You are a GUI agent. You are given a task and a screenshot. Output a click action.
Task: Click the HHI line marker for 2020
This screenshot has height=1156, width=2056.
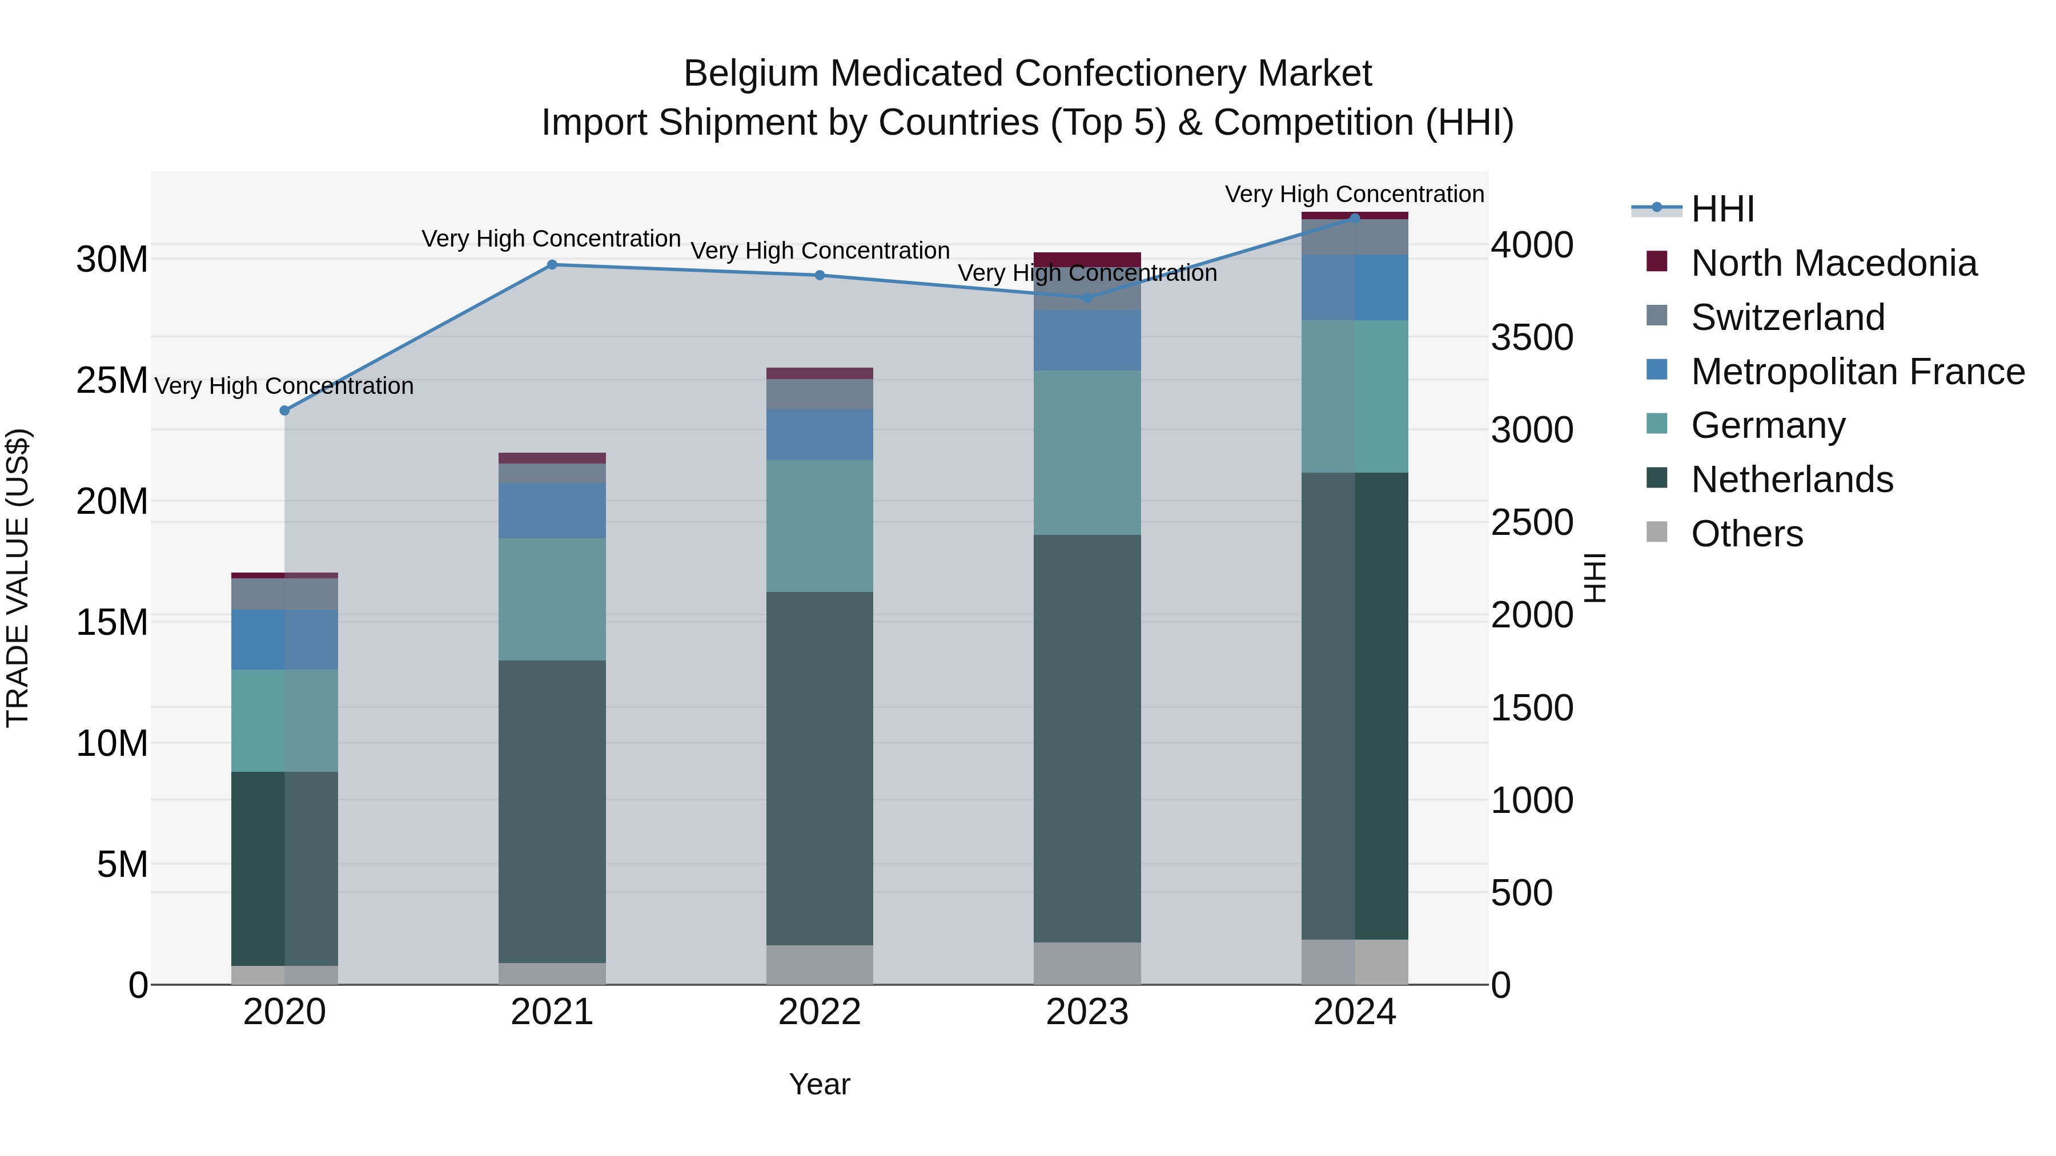pos(284,410)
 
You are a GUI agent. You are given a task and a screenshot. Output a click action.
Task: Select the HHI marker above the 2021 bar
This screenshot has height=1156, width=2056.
pos(552,265)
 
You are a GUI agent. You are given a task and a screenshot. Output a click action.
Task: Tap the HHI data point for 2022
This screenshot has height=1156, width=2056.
pos(820,275)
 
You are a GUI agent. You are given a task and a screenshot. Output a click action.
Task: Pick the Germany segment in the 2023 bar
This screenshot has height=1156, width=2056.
pos(1087,452)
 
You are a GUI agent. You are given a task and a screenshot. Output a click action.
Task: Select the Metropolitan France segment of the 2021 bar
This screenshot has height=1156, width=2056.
pos(552,510)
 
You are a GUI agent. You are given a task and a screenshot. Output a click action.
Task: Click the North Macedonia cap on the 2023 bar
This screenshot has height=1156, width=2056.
pos(1087,259)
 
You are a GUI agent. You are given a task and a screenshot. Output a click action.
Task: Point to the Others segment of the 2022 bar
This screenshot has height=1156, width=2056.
pos(820,965)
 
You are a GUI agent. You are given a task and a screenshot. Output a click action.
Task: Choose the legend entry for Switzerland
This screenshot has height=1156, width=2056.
pos(1787,317)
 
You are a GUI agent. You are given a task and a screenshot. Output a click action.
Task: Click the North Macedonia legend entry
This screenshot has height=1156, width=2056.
pos(1833,263)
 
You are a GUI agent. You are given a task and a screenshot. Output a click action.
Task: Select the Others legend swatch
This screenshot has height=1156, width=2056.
pos(1657,532)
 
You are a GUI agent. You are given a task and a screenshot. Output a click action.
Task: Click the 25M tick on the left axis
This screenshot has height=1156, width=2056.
pos(112,381)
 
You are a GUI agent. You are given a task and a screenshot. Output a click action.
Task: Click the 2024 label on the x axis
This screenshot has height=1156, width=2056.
pos(1355,1012)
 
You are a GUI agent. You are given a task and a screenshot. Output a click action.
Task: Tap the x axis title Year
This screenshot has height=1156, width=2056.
pos(820,1084)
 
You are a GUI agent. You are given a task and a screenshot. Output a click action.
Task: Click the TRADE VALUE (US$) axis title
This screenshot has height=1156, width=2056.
pos(18,578)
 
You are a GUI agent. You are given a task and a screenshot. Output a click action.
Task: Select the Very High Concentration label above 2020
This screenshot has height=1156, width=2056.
pos(284,386)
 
